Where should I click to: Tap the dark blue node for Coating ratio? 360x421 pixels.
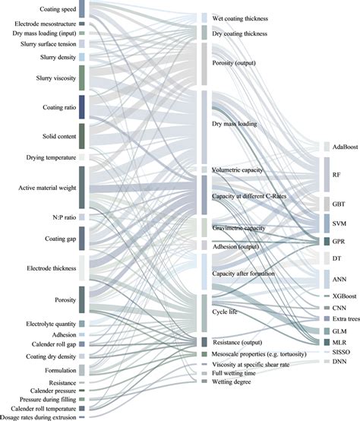pyautogui.click(x=82, y=106)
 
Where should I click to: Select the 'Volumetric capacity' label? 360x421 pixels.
pyautogui.click(x=239, y=169)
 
